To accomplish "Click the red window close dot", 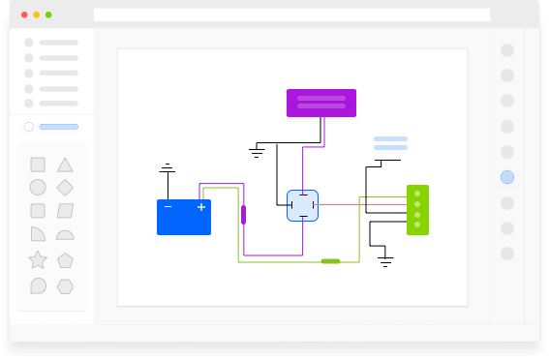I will tap(24, 15).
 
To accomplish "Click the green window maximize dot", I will tap(48, 15).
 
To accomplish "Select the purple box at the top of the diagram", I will tap(321, 103).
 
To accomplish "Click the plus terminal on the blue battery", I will tap(201, 207).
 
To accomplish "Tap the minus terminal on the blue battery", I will tap(168, 207).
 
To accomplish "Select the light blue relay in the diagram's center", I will tap(303, 205).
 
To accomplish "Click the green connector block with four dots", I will tap(417, 210).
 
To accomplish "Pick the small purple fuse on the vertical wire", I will tap(243, 215).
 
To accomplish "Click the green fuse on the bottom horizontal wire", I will tap(330, 261).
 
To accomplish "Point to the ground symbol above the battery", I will tap(168, 170).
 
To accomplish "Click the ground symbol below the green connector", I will tap(385, 260).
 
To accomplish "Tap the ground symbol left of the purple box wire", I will tap(258, 152).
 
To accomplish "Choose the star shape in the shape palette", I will tap(38, 259).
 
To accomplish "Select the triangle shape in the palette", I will tap(65, 165).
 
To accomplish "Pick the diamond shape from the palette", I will tap(65, 187).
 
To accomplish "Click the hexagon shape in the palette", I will tap(65, 285).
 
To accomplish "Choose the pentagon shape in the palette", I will tap(65, 259).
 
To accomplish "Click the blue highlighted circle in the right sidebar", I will tap(507, 177).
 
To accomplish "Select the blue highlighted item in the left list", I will tap(58, 127).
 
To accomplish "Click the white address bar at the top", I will tap(291, 15).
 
